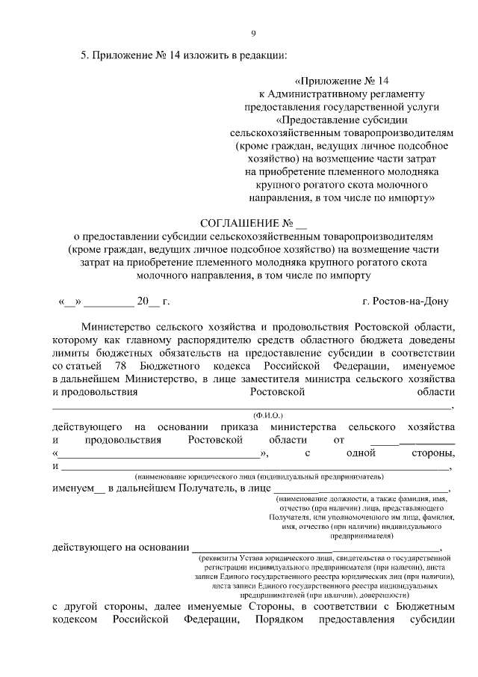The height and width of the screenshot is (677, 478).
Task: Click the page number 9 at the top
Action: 253,32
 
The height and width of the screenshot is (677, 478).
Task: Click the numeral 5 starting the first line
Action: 84,55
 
